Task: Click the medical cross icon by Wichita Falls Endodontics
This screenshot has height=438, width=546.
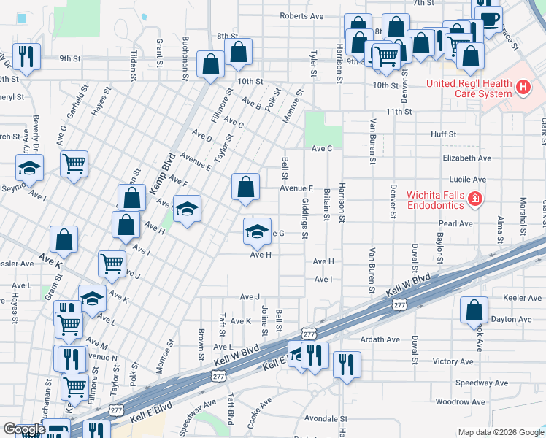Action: (x=474, y=199)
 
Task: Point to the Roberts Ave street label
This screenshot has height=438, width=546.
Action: (x=301, y=16)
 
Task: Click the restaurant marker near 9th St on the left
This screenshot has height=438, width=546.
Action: (x=27, y=55)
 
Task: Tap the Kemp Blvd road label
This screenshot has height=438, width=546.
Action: (x=164, y=173)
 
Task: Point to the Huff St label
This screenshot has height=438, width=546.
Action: (x=443, y=134)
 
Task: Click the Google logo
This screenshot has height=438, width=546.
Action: (x=23, y=429)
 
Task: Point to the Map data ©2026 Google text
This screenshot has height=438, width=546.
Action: (x=501, y=432)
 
